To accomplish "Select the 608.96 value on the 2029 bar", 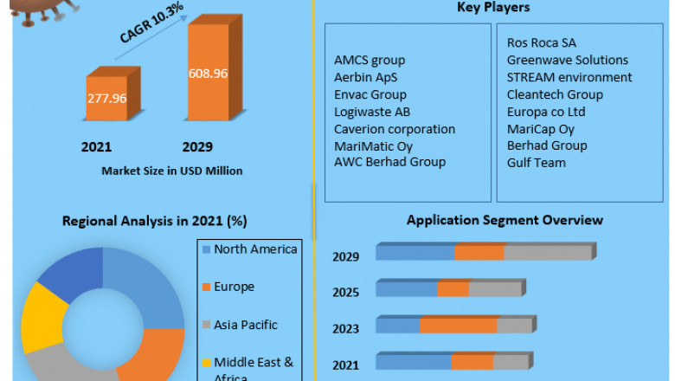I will click(x=208, y=74).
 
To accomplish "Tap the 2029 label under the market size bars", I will click(x=196, y=147).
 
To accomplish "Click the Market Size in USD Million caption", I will click(x=172, y=171).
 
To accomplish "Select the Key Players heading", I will click(x=493, y=8).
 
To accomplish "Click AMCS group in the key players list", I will click(x=370, y=61).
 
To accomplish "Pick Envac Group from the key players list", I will click(x=370, y=94).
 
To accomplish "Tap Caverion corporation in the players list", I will click(x=395, y=129).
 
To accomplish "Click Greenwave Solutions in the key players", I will click(x=568, y=61).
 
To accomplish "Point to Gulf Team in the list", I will click(x=537, y=163).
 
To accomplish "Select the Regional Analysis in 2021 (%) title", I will click(x=154, y=221).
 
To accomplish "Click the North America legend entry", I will click(x=254, y=249).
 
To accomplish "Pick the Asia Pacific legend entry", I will click(x=246, y=325).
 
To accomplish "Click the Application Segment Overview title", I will click(x=505, y=221).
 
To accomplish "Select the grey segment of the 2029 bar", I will click(x=547, y=253).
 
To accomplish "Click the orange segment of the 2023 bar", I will click(x=458, y=326).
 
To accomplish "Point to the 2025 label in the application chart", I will click(x=345, y=292).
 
